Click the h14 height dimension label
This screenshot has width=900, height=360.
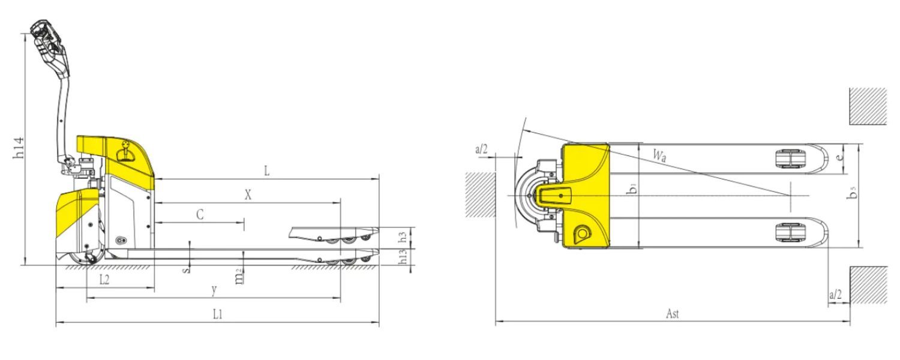click(19, 148)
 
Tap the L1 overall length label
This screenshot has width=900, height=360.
click(217, 314)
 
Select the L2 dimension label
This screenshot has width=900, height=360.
click(104, 280)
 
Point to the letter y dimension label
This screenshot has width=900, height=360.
click(215, 290)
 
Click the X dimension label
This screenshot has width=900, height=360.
click(248, 195)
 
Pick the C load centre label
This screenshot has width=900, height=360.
click(200, 215)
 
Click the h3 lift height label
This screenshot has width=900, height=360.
click(402, 236)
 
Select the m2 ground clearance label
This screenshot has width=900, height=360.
click(239, 277)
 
